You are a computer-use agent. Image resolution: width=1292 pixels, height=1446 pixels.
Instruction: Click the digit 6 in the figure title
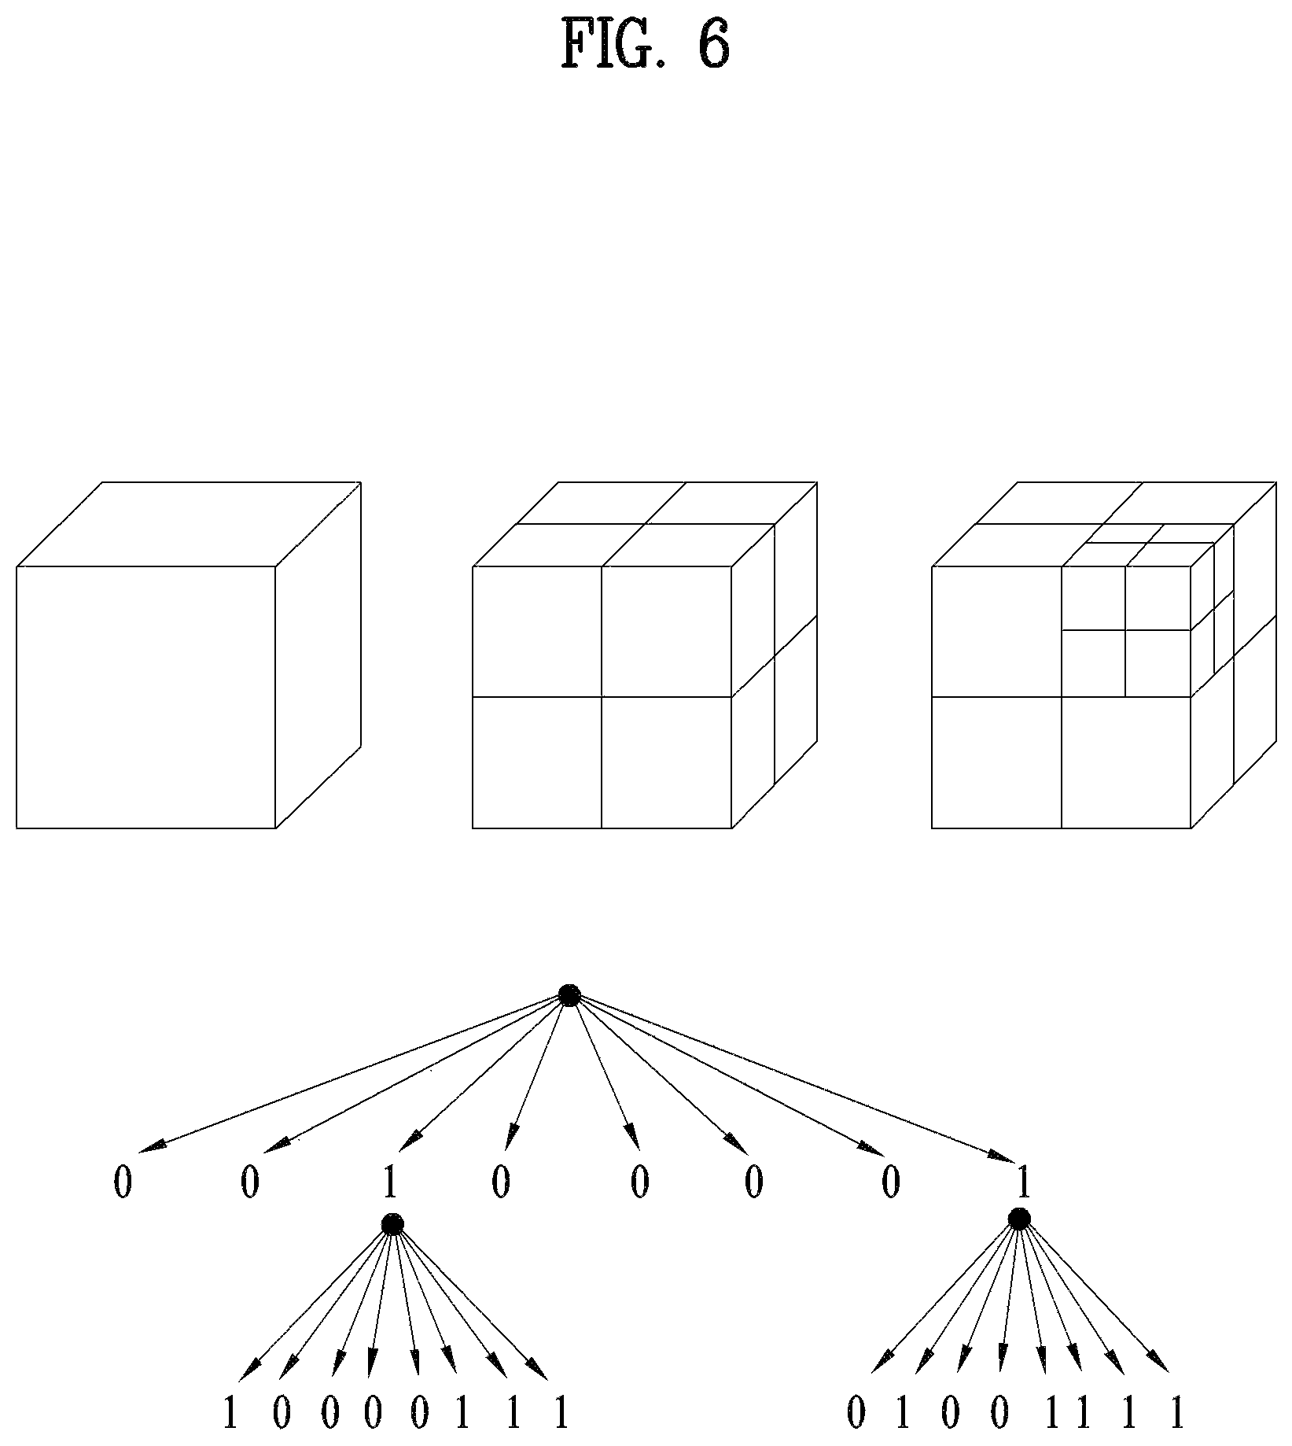[712, 45]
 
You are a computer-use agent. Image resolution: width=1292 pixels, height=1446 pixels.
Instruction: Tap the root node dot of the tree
[569, 994]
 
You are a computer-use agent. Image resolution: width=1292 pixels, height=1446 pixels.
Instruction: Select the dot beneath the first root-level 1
[392, 1224]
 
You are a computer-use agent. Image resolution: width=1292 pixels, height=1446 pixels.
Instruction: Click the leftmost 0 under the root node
[123, 1183]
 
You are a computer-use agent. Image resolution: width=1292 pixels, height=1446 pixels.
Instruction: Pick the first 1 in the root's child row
[389, 1183]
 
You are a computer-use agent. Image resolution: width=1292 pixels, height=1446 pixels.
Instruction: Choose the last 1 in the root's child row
[1022, 1182]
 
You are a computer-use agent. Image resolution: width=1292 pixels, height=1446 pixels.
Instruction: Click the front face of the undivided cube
[145, 697]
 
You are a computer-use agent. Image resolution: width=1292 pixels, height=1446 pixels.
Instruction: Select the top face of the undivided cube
[189, 524]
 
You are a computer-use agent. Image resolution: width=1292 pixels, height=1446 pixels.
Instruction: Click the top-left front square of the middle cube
[537, 631]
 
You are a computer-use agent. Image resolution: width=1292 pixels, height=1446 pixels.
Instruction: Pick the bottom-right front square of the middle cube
[667, 762]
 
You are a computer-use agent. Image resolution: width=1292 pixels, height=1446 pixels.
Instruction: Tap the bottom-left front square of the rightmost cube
[996, 762]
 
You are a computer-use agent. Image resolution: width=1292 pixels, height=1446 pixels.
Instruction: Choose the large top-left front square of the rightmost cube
[996, 631]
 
